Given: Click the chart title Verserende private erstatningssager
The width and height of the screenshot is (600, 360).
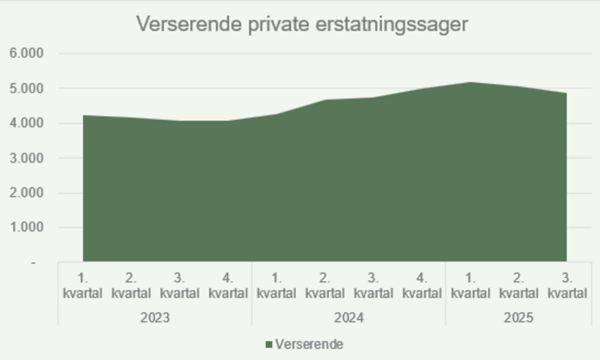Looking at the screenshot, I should (x=301, y=24).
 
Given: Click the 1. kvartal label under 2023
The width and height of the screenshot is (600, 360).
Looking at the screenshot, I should (x=83, y=286).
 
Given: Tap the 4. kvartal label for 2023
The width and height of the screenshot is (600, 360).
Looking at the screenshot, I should (x=228, y=286).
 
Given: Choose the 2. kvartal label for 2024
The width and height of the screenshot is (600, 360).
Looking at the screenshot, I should (x=325, y=286).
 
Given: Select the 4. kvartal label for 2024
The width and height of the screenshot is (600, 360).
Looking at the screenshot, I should (x=422, y=286).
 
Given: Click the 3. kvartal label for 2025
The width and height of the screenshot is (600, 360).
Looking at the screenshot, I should (x=568, y=286).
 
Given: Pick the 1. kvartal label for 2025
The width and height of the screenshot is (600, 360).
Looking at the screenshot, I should (x=470, y=286).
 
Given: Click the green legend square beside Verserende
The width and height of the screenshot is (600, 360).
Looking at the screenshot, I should (x=268, y=344).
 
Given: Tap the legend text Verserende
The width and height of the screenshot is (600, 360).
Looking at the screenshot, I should (x=309, y=344).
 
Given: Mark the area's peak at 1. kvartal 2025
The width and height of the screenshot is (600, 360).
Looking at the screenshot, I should (x=470, y=83).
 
